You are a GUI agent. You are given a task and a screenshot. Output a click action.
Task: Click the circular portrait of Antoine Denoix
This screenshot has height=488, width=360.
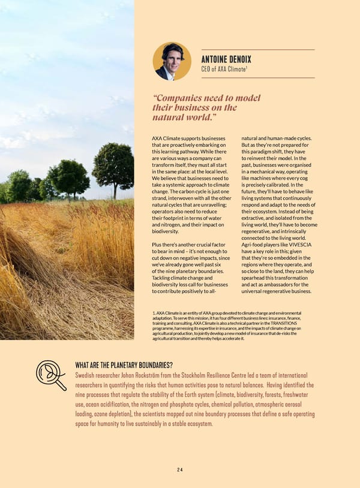pyautogui.click(x=172, y=61)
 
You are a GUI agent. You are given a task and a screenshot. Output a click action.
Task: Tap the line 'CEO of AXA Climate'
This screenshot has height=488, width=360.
pyautogui.click(x=223, y=70)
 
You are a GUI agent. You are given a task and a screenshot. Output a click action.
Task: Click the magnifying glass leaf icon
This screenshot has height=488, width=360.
pyautogui.click(x=50, y=375)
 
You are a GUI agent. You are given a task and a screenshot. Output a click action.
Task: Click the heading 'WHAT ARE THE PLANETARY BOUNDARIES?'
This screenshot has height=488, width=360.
pyautogui.click(x=124, y=365)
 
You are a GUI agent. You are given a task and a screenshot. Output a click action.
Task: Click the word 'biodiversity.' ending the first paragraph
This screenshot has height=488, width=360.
pyautogui.click(x=166, y=231)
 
